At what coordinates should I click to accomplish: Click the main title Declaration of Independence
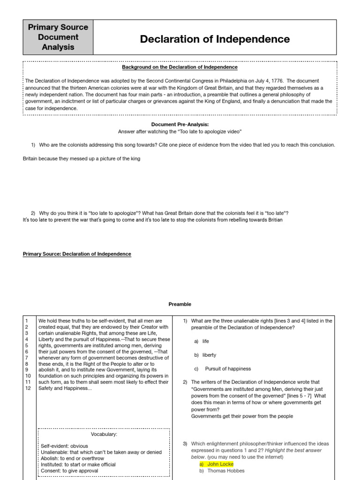pyautogui.click(x=215, y=39)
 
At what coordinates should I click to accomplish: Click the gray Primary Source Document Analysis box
pyautogui.click(x=58, y=37)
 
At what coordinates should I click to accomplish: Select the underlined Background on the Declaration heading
pyautogui.click(x=180, y=67)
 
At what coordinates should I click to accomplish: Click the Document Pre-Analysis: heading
pyautogui.click(x=180, y=124)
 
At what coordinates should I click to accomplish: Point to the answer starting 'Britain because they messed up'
pyautogui.click(x=82, y=158)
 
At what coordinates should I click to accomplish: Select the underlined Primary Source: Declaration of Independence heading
pyautogui.click(x=77, y=254)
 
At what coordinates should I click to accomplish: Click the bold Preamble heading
pyautogui.click(x=180, y=304)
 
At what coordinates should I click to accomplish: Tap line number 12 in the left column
pyautogui.click(x=28, y=389)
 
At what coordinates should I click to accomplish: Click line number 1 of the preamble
pyautogui.click(x=26, y=321)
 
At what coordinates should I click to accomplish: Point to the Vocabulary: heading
pyautogui.click(x=105, y=434)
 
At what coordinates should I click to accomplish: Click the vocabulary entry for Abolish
pyautogui.click(x=73, y=458)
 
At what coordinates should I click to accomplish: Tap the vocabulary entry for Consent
pyautogui.click(x=69, y=471)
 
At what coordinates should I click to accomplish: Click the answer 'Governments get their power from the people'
pyautogui.click(x=242, y=416)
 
